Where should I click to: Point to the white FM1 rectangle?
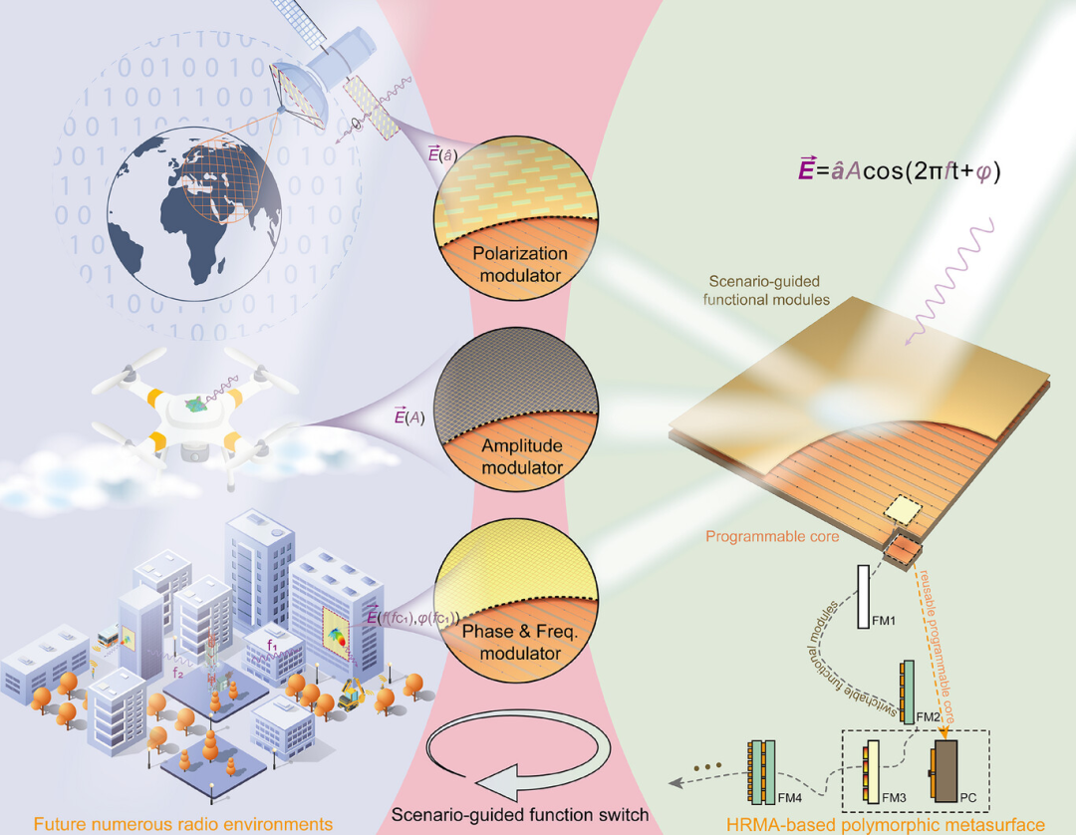click(864, 597)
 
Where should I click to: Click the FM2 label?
click(929, 716)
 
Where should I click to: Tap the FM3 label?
click(895, 796)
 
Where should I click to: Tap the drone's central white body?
click(200, 410)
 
